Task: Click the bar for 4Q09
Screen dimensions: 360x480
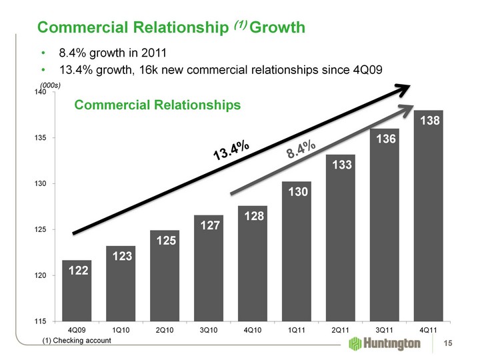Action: coord(77,291)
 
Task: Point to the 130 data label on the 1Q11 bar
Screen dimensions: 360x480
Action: coord(297,193)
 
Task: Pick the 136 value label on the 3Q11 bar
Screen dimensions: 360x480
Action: coord(385,139)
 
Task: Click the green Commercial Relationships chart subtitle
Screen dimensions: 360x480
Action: coord(157,105)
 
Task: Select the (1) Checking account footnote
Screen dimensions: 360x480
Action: coord(77,341)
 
